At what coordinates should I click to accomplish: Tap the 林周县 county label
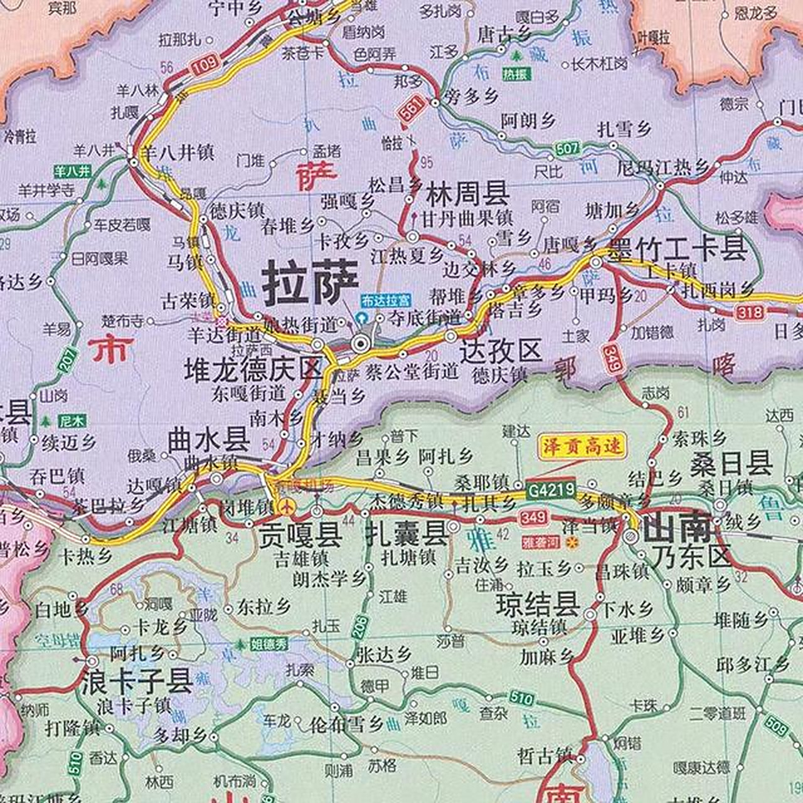[x=467, y=194]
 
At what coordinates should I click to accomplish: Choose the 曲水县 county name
[x=209, y=440]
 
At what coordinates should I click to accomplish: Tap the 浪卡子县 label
[x=137, y=682]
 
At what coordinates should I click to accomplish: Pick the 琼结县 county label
[x=538, y=605]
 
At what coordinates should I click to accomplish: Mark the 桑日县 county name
[x=731, y=465]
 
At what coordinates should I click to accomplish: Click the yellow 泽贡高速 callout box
[x=583, y=447]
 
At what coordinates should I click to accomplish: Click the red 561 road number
[x=409, y=113]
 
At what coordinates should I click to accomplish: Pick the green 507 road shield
[x=567, y=149]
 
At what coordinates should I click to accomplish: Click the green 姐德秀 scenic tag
[x=269, y=643]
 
